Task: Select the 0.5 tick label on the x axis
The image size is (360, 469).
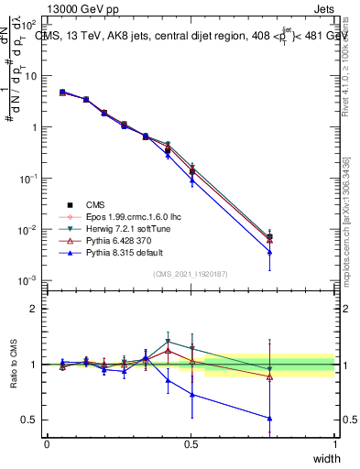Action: point(191,443)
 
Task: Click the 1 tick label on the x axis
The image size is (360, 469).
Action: point(334,443)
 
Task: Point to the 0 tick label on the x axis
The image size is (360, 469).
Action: point(47,443)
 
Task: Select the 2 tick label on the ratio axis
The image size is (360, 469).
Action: point(34,309)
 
